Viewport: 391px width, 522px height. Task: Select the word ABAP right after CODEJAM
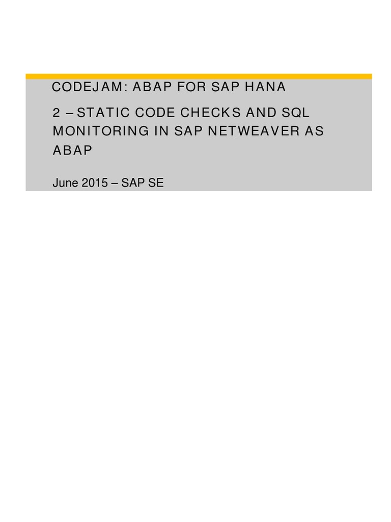(x=151, y=87)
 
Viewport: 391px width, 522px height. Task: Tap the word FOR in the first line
(x=192, y=87)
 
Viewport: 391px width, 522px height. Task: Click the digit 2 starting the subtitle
(x=57, y=113)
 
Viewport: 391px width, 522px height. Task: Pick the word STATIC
(x=103, y=113)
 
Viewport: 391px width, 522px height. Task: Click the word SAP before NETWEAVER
(x=189, y=131)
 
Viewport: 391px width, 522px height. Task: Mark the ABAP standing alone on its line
(x=73, y=150)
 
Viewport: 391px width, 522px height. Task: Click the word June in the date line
(x=64, y=183)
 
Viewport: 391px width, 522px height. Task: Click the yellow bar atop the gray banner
(x=199, y=76)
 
